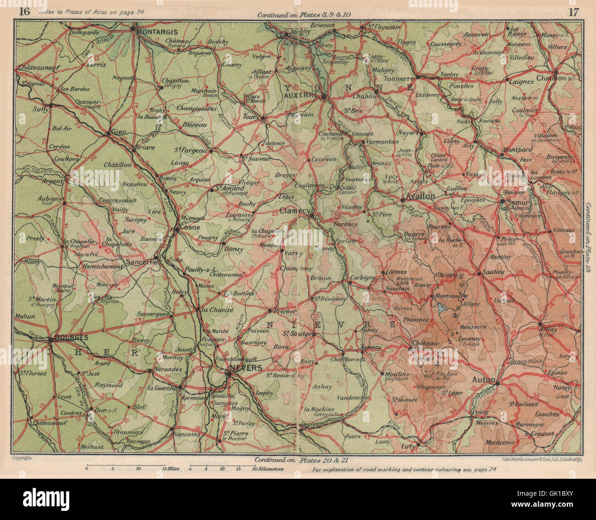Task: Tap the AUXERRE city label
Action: click(x=301, y=95)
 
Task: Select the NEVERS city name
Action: click(x=247, y=368)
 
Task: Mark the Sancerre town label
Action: click(x=141, y=262)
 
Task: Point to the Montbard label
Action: click(x=518, y=149)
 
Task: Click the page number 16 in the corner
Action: click(x=24, y=12)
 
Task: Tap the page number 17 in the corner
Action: click(x=573, y=12)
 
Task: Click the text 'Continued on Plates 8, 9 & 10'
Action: click(x=304, y=15)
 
